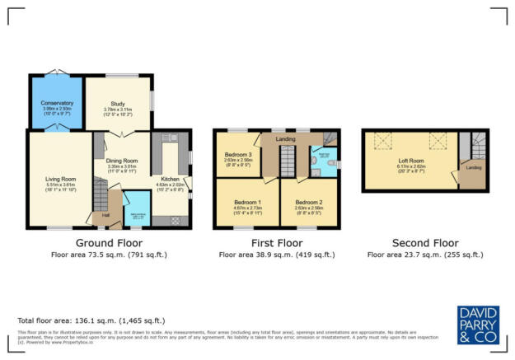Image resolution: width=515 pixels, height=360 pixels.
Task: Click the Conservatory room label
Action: click(56, 103)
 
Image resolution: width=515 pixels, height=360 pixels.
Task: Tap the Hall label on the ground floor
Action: click(105, 216)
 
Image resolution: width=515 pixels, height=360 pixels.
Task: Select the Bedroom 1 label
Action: click(247, 202)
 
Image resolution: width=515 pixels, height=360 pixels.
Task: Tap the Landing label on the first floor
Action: click(285, 139)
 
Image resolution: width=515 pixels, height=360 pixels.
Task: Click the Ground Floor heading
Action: click(109, 243)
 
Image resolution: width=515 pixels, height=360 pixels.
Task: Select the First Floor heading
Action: click(274, 243)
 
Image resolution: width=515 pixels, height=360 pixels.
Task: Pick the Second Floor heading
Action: click(426, 243)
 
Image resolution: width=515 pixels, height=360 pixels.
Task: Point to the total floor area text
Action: click(72, 320)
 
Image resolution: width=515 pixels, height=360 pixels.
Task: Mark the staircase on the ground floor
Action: click(99, 198)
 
